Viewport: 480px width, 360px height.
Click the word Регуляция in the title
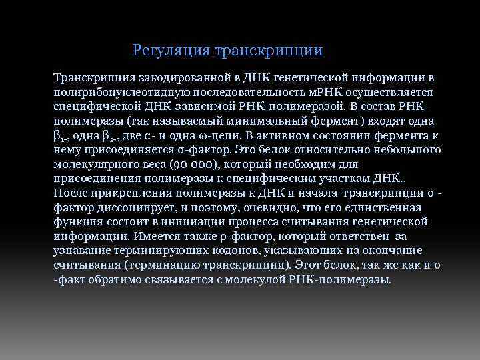point(164,51)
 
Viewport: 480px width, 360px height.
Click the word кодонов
point(239,251)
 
